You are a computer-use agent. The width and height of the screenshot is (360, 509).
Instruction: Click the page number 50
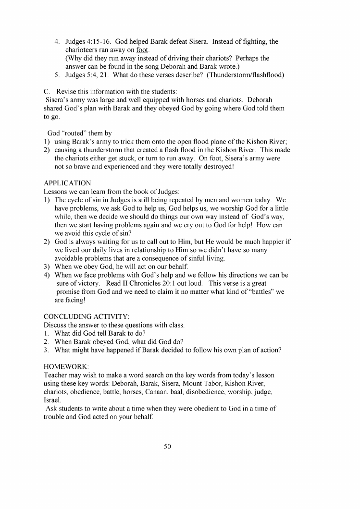tap(168, 446)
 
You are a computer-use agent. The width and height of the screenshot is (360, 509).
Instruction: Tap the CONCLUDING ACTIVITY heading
tap(87, 316)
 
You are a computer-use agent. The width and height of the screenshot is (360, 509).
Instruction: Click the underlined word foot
tap(143, 50)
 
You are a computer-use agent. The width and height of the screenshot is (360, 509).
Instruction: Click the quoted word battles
tap(254, 291)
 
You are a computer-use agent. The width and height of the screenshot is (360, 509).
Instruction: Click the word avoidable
tap(72, 258)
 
